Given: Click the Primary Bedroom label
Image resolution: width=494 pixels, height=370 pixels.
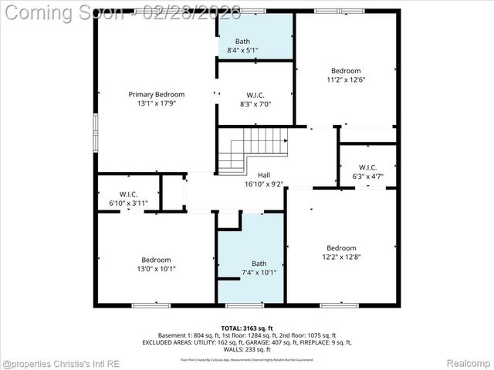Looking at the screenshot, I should [x=157, y=94].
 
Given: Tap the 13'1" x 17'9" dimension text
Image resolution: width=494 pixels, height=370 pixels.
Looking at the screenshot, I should [x=157, y=103].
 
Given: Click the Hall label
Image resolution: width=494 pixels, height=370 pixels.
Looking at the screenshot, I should [x=264, y=175].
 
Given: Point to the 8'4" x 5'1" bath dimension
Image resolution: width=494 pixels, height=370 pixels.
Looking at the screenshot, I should [x=242, y=50].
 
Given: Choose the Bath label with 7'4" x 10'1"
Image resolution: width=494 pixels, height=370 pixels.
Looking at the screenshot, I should [x=259, y=263].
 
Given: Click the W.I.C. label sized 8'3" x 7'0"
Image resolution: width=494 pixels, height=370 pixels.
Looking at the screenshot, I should [x=255, y=95].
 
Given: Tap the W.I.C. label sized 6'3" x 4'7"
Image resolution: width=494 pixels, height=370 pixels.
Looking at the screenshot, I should [x=367, y=167].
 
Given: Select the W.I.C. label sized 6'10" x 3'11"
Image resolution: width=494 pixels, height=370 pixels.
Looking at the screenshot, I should [x=128, y=193].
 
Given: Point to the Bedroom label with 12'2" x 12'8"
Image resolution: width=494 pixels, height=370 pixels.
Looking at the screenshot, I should [x=340, y=247].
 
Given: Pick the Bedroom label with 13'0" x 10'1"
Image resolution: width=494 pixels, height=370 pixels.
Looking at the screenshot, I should [x=156, y=260].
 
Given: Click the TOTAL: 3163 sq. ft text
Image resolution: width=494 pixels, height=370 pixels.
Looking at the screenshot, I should [x=247, y=328].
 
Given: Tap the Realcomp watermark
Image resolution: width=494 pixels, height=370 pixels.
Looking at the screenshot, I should [x=468, y=362].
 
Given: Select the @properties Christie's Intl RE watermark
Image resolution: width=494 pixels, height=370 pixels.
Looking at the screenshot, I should [x=59, y=362].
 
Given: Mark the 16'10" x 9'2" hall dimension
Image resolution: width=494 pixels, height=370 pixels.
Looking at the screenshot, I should [x=264, y=184].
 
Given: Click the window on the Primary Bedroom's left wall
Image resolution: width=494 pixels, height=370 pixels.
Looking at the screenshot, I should [x=96, y=133].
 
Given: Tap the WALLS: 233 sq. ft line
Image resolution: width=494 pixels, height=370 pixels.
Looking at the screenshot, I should [x=247, y=349].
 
